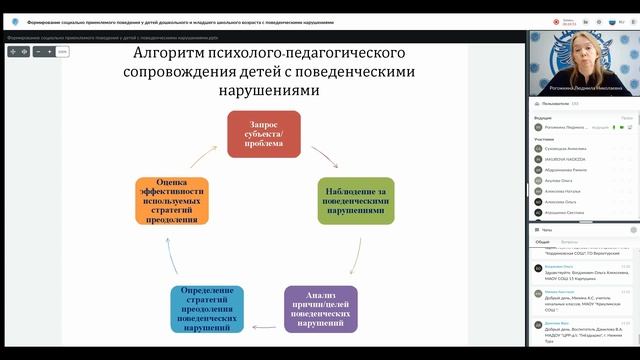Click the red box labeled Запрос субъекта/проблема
264,135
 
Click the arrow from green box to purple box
354,259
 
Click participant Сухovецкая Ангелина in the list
565,148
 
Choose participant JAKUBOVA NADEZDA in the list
564,159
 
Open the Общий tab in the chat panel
542,242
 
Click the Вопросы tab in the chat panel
568,242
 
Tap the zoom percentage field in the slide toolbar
62,51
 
